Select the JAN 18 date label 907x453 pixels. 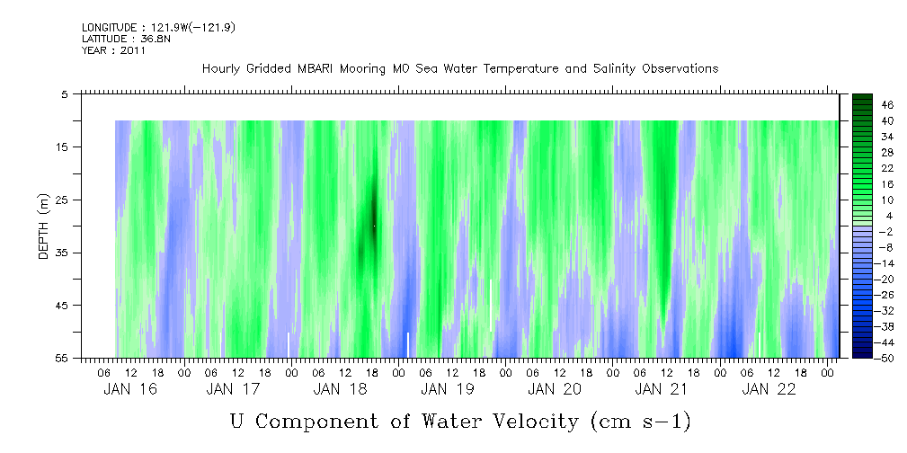(x=341, y=389)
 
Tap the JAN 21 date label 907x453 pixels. (x=661, y=389)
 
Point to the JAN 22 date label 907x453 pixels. (x=768, y=389)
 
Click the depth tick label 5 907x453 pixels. (x=65, y=93)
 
